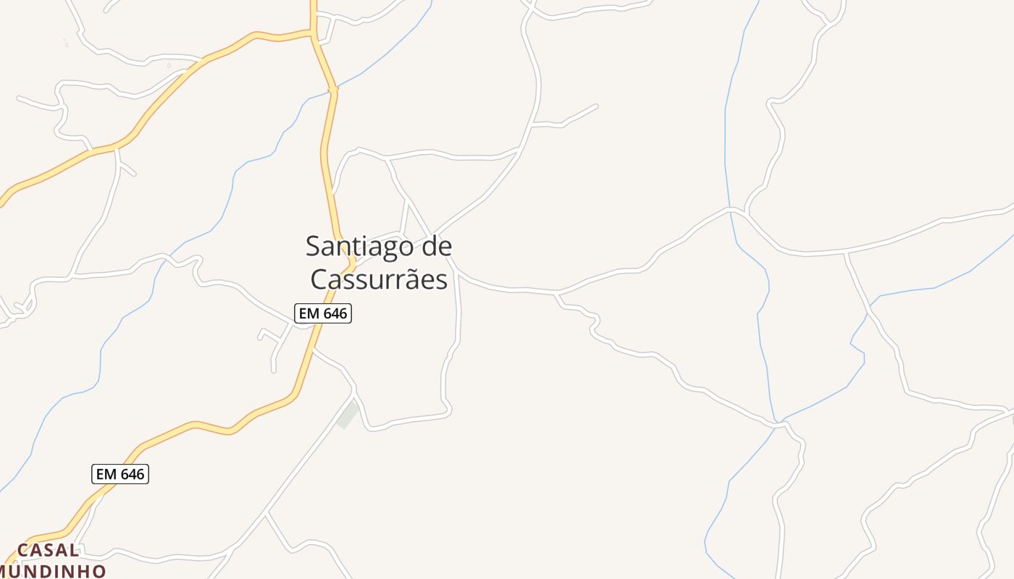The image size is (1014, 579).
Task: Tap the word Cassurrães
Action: coord(379,279)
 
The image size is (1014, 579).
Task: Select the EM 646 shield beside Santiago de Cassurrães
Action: coord(323,313)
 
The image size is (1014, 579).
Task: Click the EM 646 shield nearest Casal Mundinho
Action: coord(120,474)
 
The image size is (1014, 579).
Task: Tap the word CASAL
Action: coord(48,550)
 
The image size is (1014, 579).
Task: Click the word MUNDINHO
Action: coord(52,571)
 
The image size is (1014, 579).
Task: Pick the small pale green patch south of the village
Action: coord(348,415)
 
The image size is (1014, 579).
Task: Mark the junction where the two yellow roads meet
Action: coord(313,33)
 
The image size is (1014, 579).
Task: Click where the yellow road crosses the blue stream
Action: coord(333,90)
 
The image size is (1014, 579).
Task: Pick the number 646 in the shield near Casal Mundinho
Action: coord(131,474)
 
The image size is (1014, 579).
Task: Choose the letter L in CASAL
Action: coord(73,550)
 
